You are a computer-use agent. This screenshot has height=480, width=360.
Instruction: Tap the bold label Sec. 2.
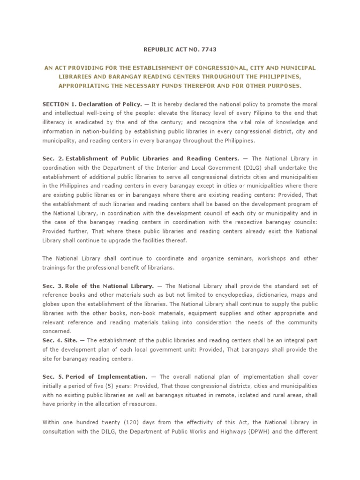click(51, 158)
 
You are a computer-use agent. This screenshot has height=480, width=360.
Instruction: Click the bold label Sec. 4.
click(51, 340)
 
